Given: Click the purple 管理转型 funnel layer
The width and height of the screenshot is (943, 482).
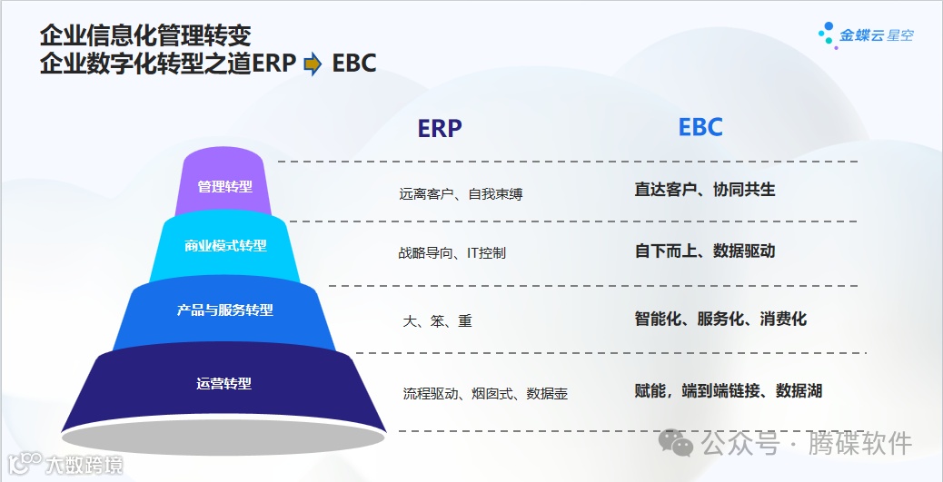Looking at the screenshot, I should [224, 186].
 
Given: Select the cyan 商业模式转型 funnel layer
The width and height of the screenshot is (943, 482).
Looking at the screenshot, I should [225, 246].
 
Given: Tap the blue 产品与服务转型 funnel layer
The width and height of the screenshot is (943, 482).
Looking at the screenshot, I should [224, 310].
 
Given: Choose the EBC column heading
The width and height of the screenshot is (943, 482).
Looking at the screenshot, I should [700, 127].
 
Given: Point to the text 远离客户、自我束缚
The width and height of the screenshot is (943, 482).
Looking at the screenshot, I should [461, 193].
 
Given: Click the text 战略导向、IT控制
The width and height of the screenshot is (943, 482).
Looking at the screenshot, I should [452, 253].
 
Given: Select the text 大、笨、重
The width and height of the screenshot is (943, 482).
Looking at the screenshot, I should [437, 321].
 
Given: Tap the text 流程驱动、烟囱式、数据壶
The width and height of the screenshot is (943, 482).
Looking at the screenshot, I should [485, 394].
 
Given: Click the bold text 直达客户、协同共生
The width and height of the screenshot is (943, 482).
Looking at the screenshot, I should [705, 190].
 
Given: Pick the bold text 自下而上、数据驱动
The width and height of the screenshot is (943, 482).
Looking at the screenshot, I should [705, 251].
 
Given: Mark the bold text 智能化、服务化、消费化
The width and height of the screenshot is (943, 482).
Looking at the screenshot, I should [720, 319].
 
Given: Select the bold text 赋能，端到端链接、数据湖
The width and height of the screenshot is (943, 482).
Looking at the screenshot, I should [728, 391].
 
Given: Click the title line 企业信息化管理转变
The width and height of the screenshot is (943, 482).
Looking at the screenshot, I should [145, 35].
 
